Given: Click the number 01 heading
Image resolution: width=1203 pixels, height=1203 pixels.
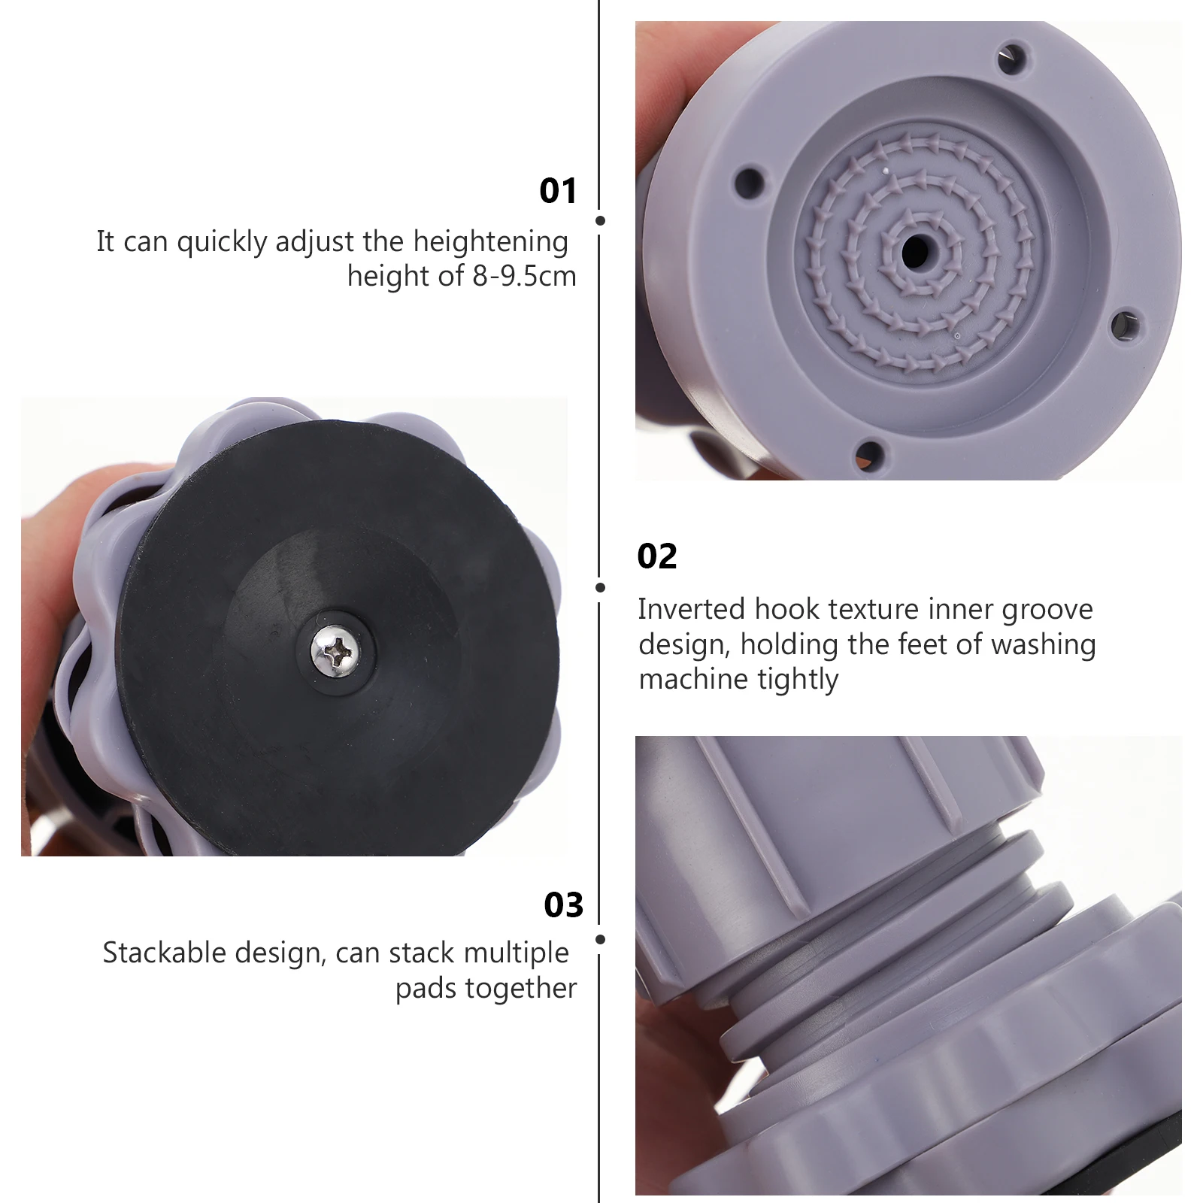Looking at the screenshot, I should click(x=558, y=191).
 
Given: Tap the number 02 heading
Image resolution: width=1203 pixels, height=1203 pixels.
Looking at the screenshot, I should click(x=657, y=556).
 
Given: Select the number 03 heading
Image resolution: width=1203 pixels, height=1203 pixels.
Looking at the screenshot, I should click(x=564, y=905).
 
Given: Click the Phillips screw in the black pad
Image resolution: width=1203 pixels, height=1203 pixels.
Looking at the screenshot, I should click(x=336, y=651).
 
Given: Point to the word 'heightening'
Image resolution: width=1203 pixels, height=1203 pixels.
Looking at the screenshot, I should click(x=490, y=242).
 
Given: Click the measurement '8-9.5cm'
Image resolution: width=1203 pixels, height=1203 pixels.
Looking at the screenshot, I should click(x=524, y=276).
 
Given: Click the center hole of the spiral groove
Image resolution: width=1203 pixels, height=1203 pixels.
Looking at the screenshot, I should click(x=915, y=250).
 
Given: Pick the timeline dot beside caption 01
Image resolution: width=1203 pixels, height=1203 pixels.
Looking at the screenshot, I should click(x=600, y=221).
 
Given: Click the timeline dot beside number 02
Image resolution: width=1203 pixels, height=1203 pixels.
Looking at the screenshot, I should click(x=600, y=587).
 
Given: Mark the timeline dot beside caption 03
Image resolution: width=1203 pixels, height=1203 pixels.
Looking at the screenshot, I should click(x=600, y=939).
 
